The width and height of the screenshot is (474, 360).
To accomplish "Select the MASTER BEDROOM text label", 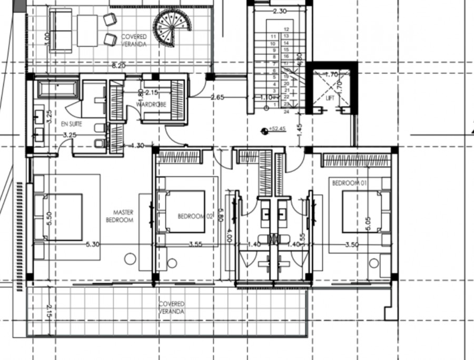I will click(119, 216).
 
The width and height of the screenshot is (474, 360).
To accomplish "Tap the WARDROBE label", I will click(151, 104).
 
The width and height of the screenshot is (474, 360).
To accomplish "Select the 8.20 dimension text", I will click(118, 66).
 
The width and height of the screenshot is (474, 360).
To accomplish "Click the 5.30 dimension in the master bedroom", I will click(93, 245).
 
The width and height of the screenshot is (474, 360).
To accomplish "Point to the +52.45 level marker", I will click(275, 129).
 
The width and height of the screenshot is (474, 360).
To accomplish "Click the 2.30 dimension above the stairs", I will click(280, 11).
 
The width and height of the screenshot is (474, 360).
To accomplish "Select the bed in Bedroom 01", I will click(363, 211).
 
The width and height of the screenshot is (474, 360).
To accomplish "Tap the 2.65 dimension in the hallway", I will click(218, 98).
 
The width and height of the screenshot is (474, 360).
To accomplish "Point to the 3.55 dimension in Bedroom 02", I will click(196, 245).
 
